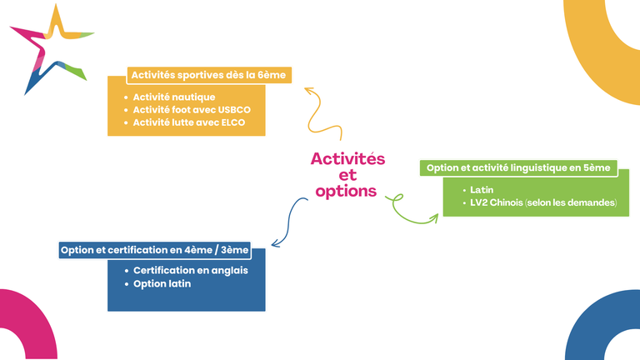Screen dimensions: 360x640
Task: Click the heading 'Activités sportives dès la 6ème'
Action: pyautogui.click(x=208, y=75)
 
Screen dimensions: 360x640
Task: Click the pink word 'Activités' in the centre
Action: pyautogui.click(x=347, y=158)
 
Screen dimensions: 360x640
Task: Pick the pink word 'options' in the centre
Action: pyautogui.click(x=346, y=191)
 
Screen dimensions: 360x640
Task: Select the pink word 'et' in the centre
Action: pyautogui.click(x=347, y=175)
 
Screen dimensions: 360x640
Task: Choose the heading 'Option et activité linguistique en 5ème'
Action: pyautogui.click(x=518, y=167)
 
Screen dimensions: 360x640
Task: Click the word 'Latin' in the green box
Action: pyautogui.click(x=482, y=190)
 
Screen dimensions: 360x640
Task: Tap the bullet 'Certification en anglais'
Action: pyautogui.click(x=190, y=271)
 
